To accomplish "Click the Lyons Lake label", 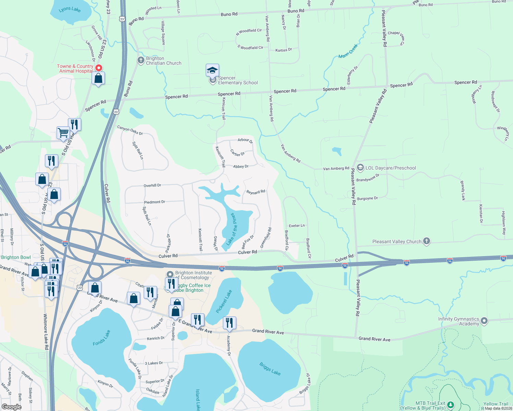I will click(x=70, y=9).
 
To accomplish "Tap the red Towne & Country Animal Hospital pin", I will click(x=98, y=68).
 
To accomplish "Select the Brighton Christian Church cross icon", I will click(x=141, y=61).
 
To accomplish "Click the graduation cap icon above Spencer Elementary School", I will click(x=212, y=71).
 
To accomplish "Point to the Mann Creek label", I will click(x=348, y=51).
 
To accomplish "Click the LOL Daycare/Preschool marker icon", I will click(x=360, y=167).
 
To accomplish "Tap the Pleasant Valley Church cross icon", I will click(x=426, y=241).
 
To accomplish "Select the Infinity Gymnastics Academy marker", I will click(x=484, y=321).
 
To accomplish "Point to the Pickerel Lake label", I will click(x=224, y=301).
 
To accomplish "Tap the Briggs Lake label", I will click(x=270, y=369).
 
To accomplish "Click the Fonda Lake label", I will click(x=102, y=338).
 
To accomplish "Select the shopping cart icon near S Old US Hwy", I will click(x=63, y=133).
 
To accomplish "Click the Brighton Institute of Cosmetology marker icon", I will click(x=170, y=274).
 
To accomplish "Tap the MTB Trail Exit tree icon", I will click(x=450, y=405).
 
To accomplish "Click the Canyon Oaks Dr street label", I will click(x=130, y=130).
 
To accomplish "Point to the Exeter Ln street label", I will click(x=297, y=226).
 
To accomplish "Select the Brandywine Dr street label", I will click(x=368, y=178).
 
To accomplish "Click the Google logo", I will click(x=11, y=407).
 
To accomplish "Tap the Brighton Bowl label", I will click(x=16, y=257).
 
